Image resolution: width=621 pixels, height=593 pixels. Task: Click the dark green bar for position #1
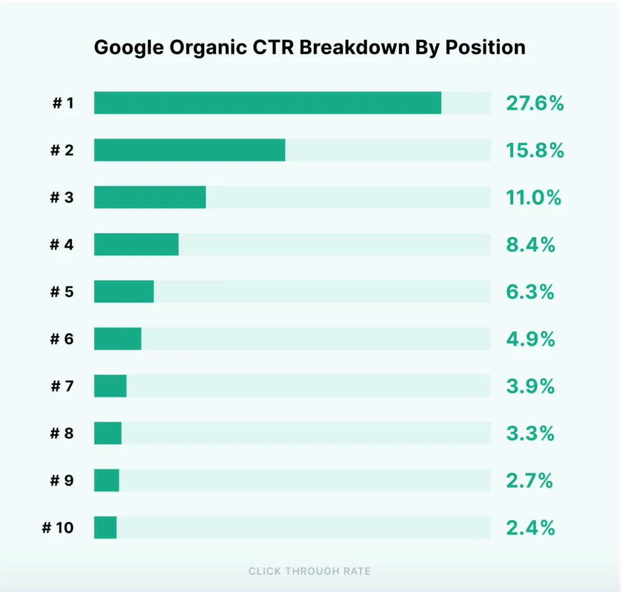click(x=267, y=103)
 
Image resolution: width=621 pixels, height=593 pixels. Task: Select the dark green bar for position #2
click(x=189, y=150)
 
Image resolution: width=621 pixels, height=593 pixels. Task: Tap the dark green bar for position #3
click(x=150, y=197)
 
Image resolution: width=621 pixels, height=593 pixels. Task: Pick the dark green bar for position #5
click(x=124, y=292)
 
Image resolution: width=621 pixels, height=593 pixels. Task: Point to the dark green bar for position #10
click(x=105, y=528)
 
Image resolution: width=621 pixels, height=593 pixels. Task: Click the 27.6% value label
click(x=535, y=103)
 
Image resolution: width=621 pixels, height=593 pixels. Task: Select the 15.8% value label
click(x=535, y=150)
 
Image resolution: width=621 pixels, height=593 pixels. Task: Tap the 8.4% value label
click(x=530, y=244)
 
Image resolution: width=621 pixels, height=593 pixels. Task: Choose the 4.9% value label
click(x=530, y=339)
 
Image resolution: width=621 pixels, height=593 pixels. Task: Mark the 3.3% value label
click(x=530, y=433)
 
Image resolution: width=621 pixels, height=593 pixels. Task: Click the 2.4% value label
click(x=530, y=528)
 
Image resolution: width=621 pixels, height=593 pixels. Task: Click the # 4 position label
click(x=62, y=244)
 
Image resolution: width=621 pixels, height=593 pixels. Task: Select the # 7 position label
click(x=62, y=386)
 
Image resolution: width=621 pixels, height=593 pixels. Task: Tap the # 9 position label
click(x=62, y=480)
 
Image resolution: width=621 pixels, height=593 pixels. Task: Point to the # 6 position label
click(x=62, y=339)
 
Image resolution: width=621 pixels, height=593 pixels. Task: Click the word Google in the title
click(x=129, y=48)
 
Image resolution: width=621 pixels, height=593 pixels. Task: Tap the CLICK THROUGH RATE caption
click(x=309, y=571)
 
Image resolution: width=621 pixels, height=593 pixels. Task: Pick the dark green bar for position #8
click(x=107, y=433)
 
